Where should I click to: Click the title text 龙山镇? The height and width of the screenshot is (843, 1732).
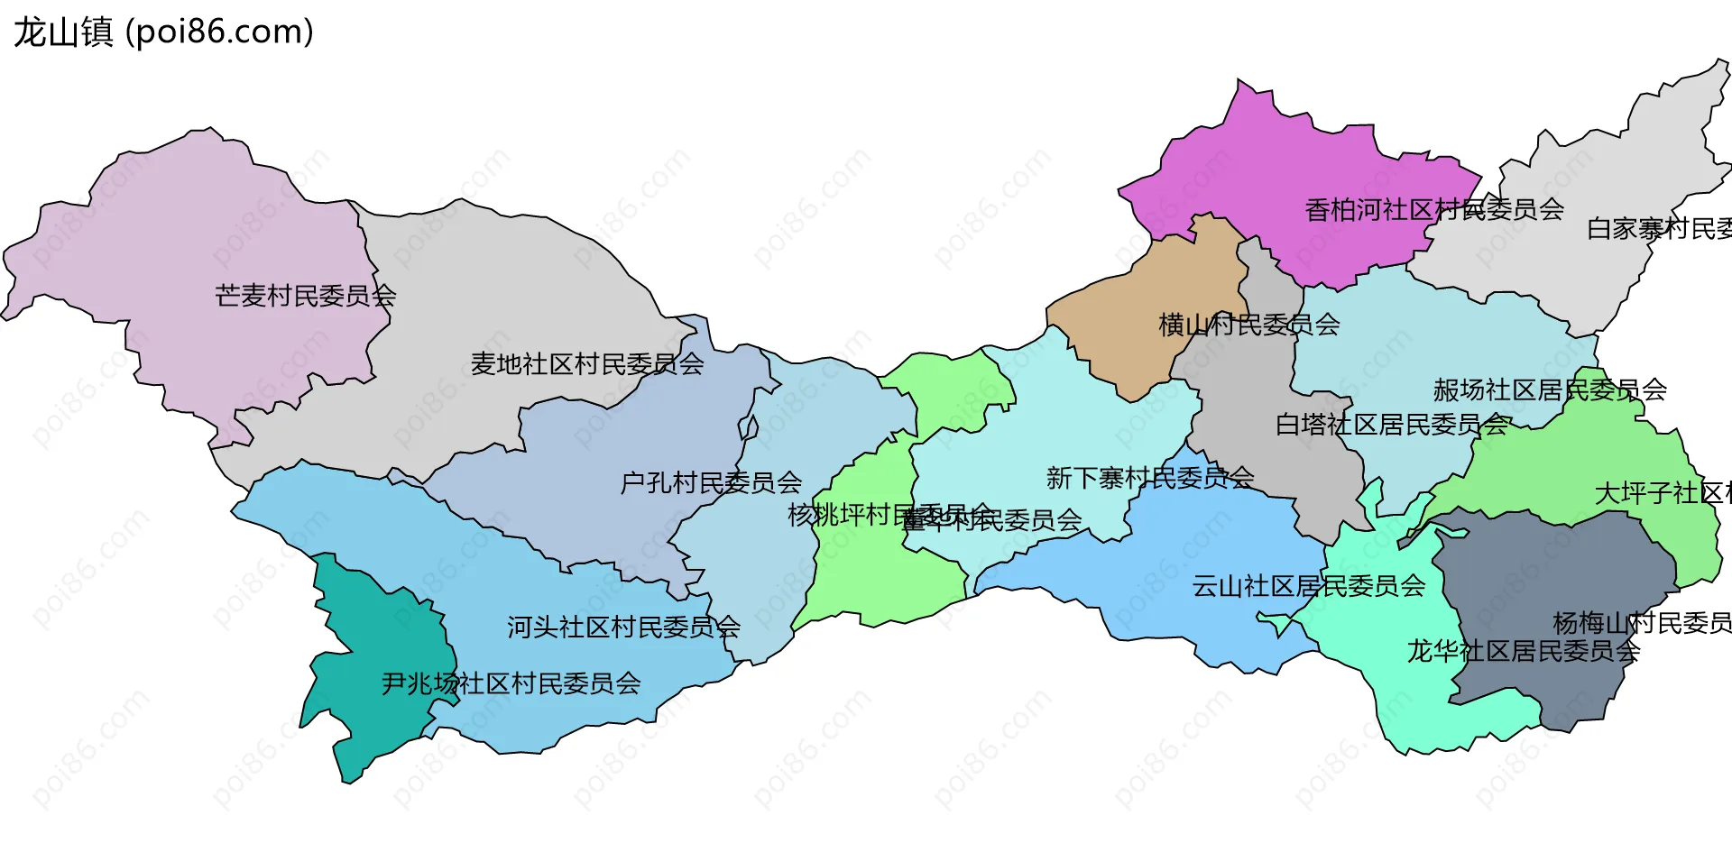(63, 32)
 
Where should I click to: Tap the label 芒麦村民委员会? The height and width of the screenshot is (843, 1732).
(305, 296)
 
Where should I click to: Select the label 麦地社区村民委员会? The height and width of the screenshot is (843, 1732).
(586, 364)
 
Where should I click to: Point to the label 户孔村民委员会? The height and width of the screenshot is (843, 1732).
(711, 483)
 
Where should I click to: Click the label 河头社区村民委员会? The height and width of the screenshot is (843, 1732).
(623, 627)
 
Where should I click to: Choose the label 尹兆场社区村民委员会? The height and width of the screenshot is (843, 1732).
(511, 683)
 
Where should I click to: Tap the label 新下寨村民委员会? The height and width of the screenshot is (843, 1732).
(1149, 478)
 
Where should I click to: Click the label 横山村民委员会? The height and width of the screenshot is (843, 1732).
(1248, 325)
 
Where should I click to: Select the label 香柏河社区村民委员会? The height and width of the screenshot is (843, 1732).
(1434, 210)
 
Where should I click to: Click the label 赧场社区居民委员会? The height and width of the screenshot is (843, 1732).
(1550, 390)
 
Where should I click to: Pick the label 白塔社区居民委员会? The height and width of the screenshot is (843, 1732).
(1391, 425)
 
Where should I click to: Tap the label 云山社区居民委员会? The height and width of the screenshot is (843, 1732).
(1308, 587)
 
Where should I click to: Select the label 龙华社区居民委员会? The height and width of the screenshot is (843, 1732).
(1523, 651)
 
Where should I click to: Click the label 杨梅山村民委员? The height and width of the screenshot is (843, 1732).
(1641, 623)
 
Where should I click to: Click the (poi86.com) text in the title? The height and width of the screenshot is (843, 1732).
(219, 32)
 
